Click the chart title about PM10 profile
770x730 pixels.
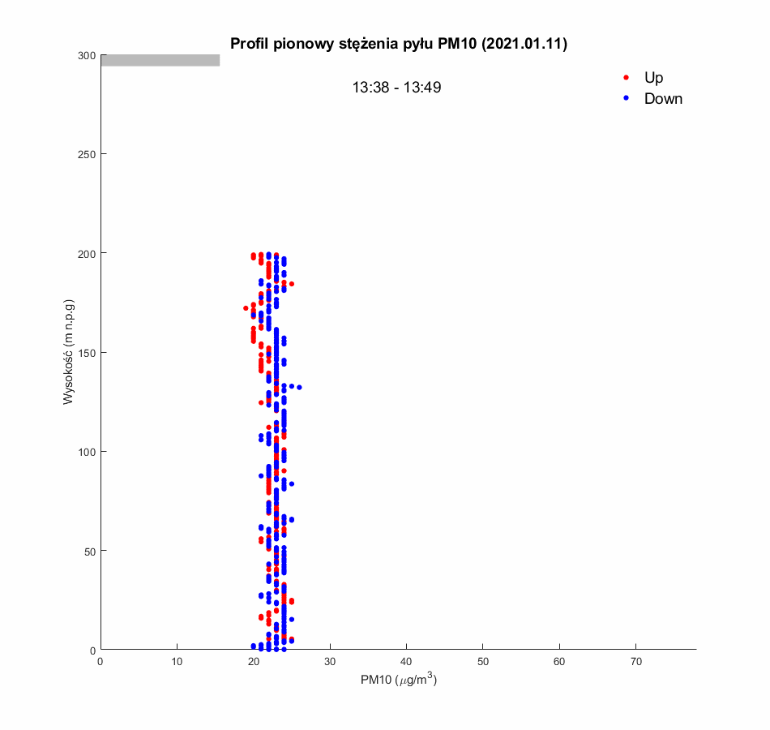point(398,44)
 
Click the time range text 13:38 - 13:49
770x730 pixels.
point(396,88)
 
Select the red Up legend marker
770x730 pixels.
point(626,78)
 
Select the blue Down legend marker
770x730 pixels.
point(626,98)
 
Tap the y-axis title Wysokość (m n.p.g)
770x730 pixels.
point(70,352)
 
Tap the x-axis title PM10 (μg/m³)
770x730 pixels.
point(399,681)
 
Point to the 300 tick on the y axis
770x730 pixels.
point(87,55)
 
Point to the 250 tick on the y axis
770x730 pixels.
point(87,154)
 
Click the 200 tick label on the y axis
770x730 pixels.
point(87,253)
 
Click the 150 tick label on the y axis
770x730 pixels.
point(87,352)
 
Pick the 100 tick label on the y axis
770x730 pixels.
point(87,452)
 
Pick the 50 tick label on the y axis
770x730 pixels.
point(89,551)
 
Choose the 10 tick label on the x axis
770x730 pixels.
point(177,663)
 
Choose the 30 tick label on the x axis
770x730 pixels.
point(330,663)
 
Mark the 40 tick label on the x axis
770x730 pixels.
point(406,663)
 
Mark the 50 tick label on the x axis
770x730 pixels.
point(482,663)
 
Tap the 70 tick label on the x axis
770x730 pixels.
point(635,663)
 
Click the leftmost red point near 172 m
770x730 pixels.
point(246,308)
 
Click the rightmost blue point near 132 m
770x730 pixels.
point(299,387)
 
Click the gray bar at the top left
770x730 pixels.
point(160,60)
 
